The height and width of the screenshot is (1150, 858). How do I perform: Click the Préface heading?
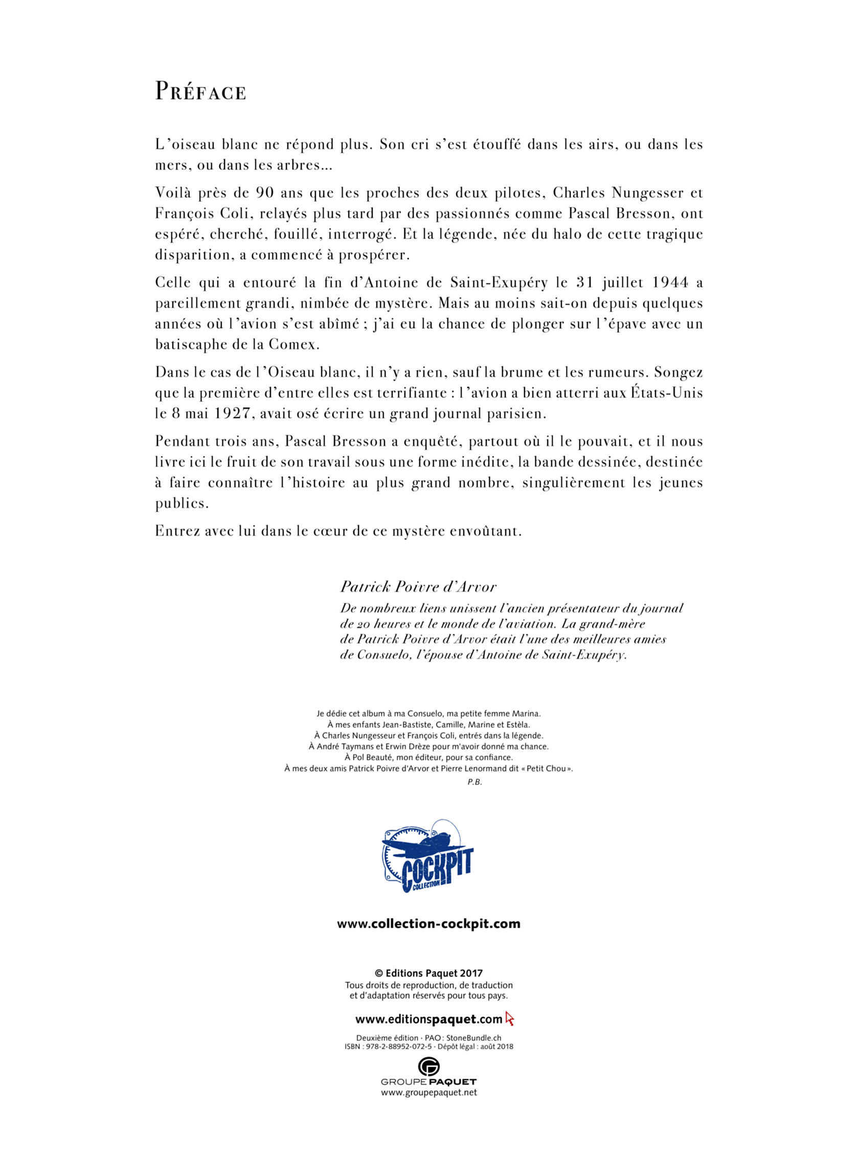coord(200,91)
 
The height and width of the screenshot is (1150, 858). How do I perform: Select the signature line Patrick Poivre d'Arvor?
coord(418,587)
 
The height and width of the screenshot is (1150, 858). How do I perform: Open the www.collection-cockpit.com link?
coord(428,924)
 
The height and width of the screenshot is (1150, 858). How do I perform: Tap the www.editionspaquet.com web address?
coord(428,1019)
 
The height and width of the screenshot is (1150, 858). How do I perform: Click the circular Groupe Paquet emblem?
coord(428,1067)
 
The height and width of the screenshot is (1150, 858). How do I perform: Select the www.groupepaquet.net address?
coord(428,1092)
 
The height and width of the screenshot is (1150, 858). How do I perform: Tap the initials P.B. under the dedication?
coord(474,783)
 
